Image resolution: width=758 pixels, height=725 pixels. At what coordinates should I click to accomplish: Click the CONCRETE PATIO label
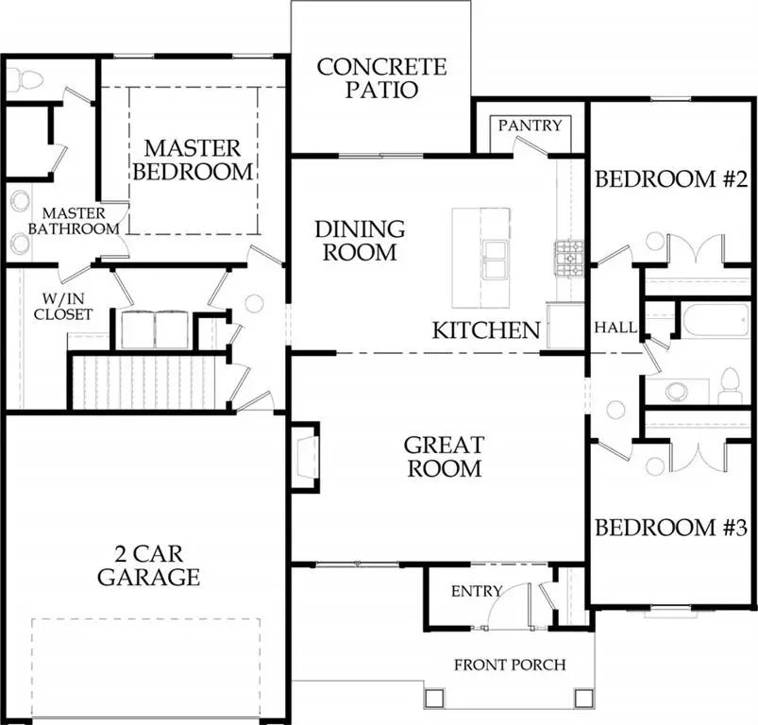coord(381,78)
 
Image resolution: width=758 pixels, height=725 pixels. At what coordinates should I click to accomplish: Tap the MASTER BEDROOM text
coord(193,160)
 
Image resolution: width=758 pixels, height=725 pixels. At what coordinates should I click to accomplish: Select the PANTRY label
coord(530,126)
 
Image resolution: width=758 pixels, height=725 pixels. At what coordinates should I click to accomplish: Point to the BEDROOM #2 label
coord(671,179)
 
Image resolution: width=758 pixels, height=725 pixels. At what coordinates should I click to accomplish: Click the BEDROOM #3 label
coord(671,527)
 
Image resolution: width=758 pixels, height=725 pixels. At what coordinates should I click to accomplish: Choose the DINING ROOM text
coord(360,241)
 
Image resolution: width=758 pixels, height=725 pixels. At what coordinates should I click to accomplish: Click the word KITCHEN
coord(486,330)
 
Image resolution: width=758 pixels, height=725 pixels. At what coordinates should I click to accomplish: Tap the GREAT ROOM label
coord(444,456)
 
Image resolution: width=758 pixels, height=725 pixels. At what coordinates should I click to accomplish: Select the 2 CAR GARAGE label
coord(148,565)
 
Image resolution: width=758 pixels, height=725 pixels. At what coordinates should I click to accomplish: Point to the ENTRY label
coord(477,592)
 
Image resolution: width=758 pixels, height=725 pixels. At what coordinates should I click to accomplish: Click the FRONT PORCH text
coord(510,665)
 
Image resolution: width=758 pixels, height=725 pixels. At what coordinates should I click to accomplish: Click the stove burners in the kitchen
coord(569,253)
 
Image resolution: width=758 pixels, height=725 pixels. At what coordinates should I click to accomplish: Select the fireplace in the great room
coord(304,457)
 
